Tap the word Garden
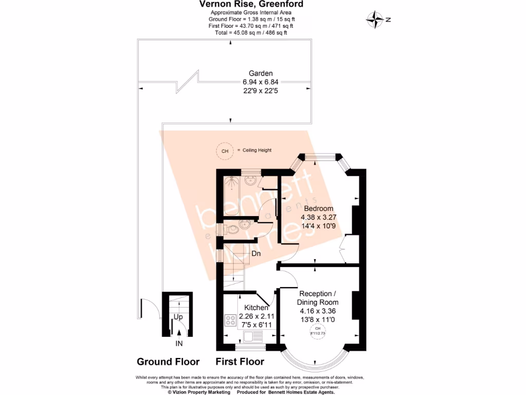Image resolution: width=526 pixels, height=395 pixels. (x=261, y=73)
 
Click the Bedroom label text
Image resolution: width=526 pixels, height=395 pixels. (x=318, y=208)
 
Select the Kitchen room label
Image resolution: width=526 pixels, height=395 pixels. (x=256, y=308)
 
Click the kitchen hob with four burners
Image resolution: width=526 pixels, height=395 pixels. (x=230, y=321)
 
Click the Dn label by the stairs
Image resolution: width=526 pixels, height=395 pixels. (x=256, y=253)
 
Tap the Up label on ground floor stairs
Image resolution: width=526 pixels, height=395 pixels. (x=178, y=317)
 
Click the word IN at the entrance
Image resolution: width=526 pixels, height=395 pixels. (x=179, y=343)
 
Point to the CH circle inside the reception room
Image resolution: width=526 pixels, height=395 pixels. (x=318, y=331)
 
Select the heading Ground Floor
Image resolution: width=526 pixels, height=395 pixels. (x=168, y=362)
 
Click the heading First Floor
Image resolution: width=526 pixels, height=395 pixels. (x=240, y=362)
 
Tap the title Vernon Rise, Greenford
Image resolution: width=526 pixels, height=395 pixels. (x=251, y=5)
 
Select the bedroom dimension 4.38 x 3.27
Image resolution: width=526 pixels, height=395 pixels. (x=318, y=217)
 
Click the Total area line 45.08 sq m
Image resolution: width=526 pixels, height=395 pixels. (x=251, y=32)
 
